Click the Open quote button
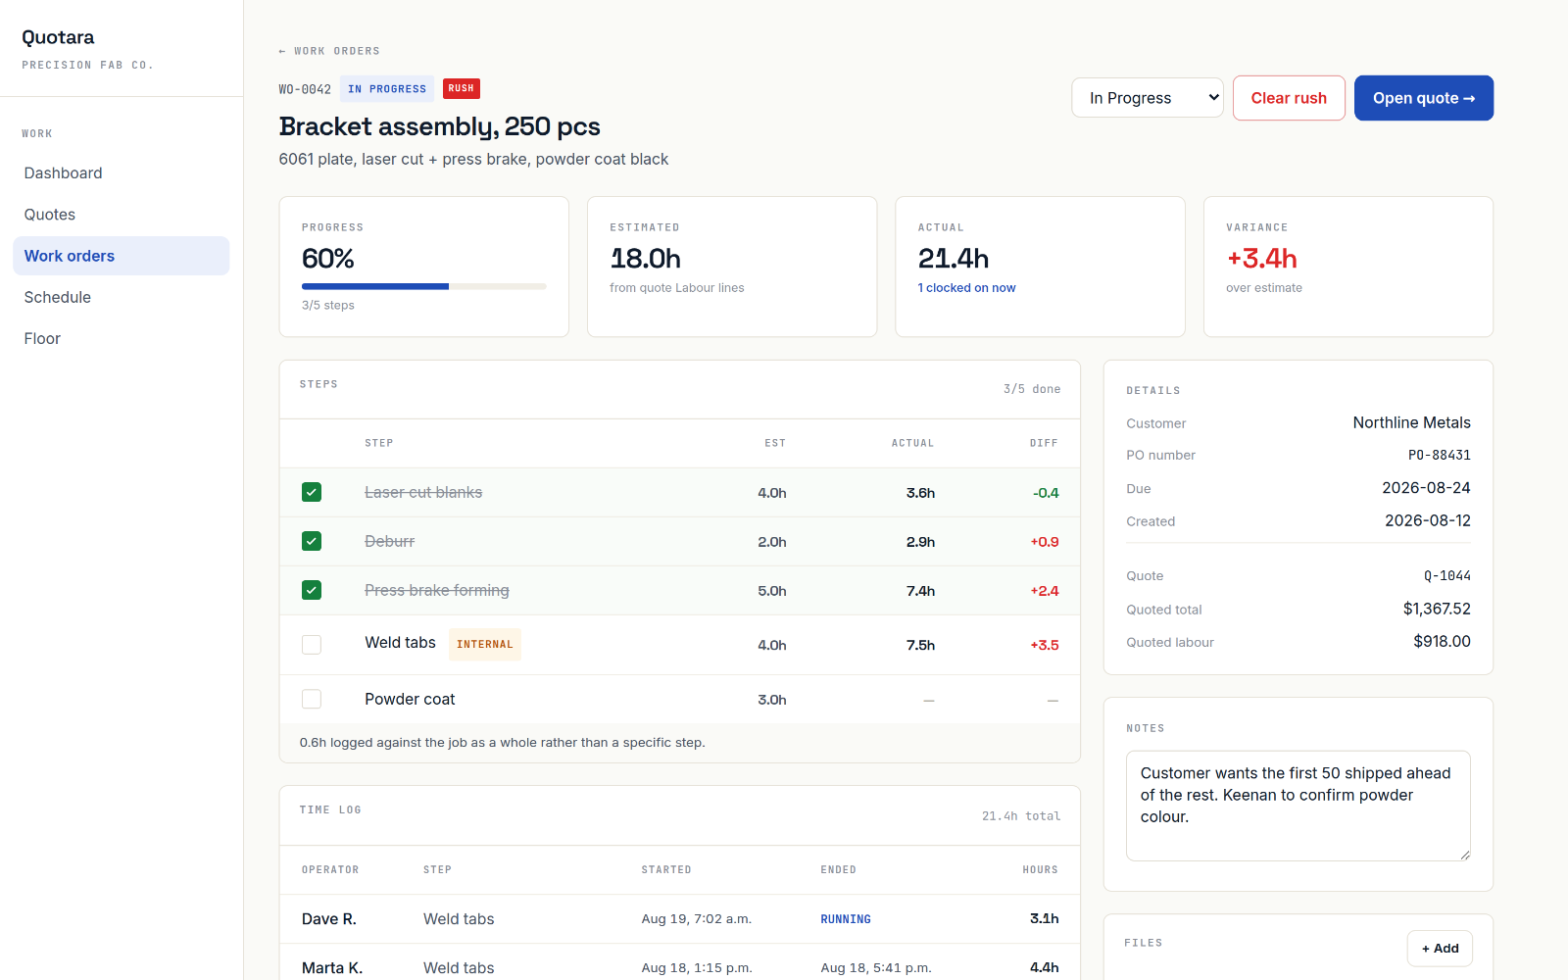coord(1423,98)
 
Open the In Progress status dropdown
coord(1148,98)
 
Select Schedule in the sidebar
coord(58,297)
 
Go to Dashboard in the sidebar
coord(63,172)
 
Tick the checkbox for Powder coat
coord(312,699)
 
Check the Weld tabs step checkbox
coord(312,644)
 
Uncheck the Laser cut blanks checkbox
coord(312,492)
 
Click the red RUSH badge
coord(462,88)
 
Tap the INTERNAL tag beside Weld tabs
coord(484,644)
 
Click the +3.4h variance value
coord(1261,259)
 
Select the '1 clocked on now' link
coord(966,288)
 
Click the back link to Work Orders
coord(329,51)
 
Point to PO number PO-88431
coord(1440,455)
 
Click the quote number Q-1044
coord(1446,575)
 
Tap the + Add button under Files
coord(1440,948)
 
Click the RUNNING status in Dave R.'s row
coord(846,919)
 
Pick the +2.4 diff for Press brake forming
coord(1045,591)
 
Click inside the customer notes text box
coord(1298,806)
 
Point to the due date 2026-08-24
coord(1426,488)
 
